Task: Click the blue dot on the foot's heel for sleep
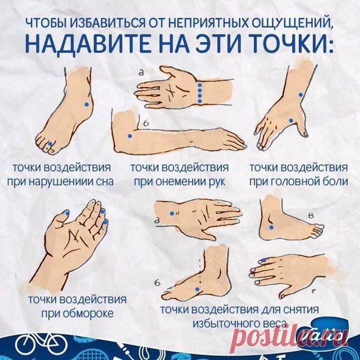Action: pos(86,104)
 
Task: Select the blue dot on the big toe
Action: pos(50,144)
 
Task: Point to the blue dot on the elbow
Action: pos(130,136)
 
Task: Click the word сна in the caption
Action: pos(105,182)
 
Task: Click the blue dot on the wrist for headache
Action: pos(300,95)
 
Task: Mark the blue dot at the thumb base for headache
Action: pos(291,120)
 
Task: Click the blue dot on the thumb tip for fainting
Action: pos(67,213)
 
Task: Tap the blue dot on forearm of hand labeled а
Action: pos(172,213)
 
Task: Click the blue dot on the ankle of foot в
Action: pos(271,227)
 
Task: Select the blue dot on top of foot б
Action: pos(197,289)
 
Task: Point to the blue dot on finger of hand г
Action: pos(264,260)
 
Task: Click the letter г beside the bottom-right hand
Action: pos(314,292)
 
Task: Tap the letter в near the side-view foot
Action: pos(311,216)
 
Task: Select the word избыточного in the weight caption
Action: pos(225,324)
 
